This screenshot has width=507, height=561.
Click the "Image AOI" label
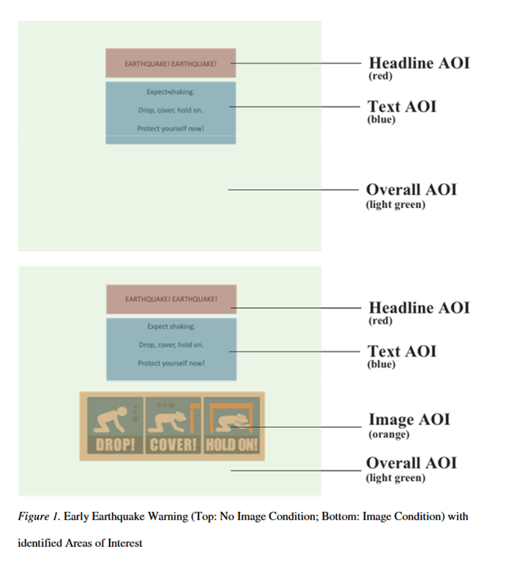[x=408, y=420]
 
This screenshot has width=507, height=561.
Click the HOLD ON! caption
[x=232, y=446]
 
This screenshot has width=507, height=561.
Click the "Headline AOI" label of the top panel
[x=419, y=62]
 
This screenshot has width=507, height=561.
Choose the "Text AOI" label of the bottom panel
[x=402, y=351]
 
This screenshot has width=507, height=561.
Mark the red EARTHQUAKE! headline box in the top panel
[x=171, y=63]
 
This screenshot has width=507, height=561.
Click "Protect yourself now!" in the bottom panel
[x=171, y=362]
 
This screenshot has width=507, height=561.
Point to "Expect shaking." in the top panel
[x=171, y=92]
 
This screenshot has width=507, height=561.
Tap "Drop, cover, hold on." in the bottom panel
[x=171, y=344]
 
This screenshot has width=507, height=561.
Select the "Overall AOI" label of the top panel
[x=411, y=190]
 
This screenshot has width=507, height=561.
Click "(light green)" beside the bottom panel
[x=395, y=478]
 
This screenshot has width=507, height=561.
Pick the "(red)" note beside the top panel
[x=380, y=76]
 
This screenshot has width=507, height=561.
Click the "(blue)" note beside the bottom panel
[x=381, y=364]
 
